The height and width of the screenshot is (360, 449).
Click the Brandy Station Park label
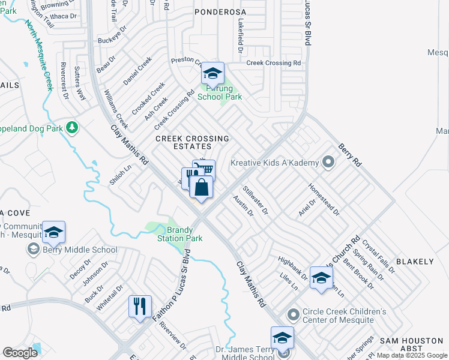(x=184, y=234)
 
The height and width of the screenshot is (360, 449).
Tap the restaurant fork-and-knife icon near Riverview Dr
(x=140, y=307)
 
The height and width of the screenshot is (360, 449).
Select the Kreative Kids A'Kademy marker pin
(x=328, y=162)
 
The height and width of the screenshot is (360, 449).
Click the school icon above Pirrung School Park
(x=212, y=73)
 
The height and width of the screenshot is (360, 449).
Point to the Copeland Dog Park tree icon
(x=72, y=128)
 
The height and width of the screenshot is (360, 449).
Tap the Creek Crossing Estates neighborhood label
(x=192, y=142)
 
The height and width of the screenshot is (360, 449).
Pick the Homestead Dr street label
(x=324, y=199)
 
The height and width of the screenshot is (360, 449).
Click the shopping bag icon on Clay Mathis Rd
(x=201, y=187)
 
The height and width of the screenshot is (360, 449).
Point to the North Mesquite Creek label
(x=38, y=55)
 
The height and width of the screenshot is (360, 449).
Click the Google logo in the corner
(x=20, y=353)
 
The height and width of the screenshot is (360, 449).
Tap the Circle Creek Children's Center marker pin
(x=293, y=314)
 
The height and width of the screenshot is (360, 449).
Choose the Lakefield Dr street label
(x=240, y=35)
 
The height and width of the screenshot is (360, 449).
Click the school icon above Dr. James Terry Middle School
(x=282, y=337)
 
